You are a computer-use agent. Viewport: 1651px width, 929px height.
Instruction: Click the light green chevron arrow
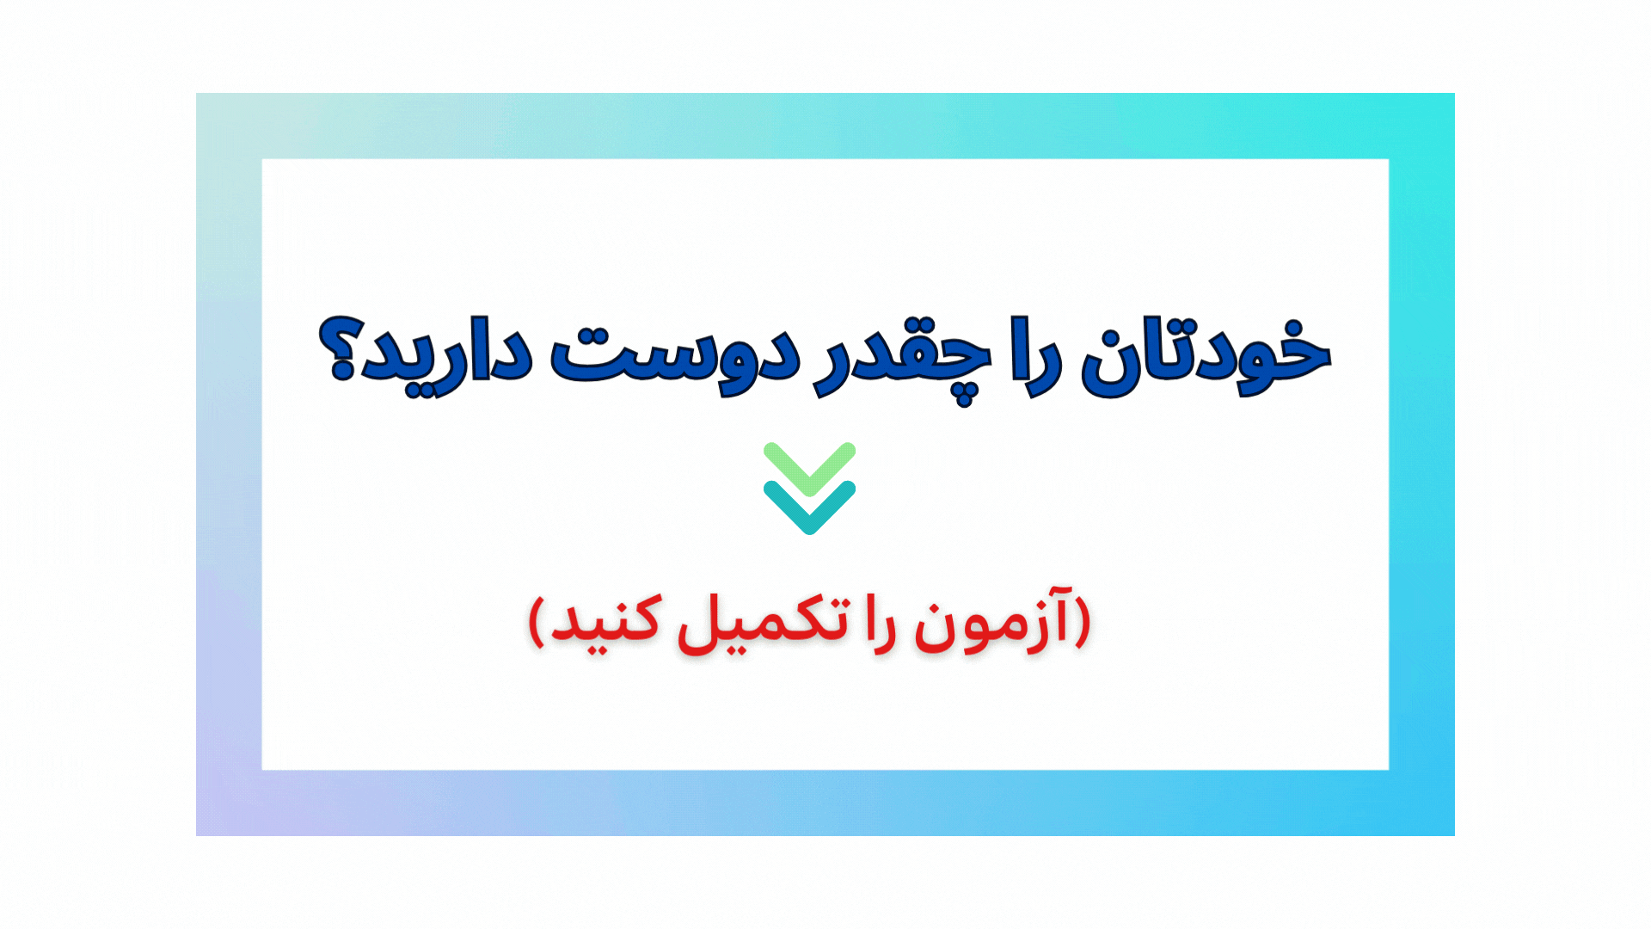pos(809,468)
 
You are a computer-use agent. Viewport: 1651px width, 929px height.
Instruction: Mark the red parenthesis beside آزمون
pos(1083,621)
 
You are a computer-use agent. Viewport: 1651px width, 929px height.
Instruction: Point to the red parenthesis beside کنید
pos(537,621)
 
